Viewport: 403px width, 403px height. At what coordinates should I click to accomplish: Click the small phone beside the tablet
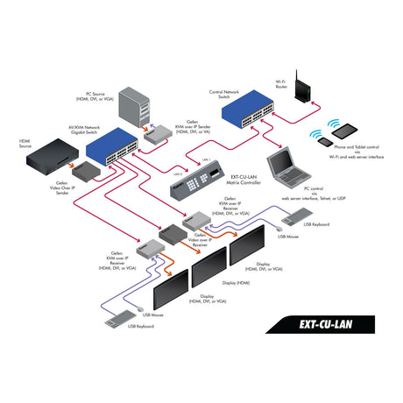(323, 141)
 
